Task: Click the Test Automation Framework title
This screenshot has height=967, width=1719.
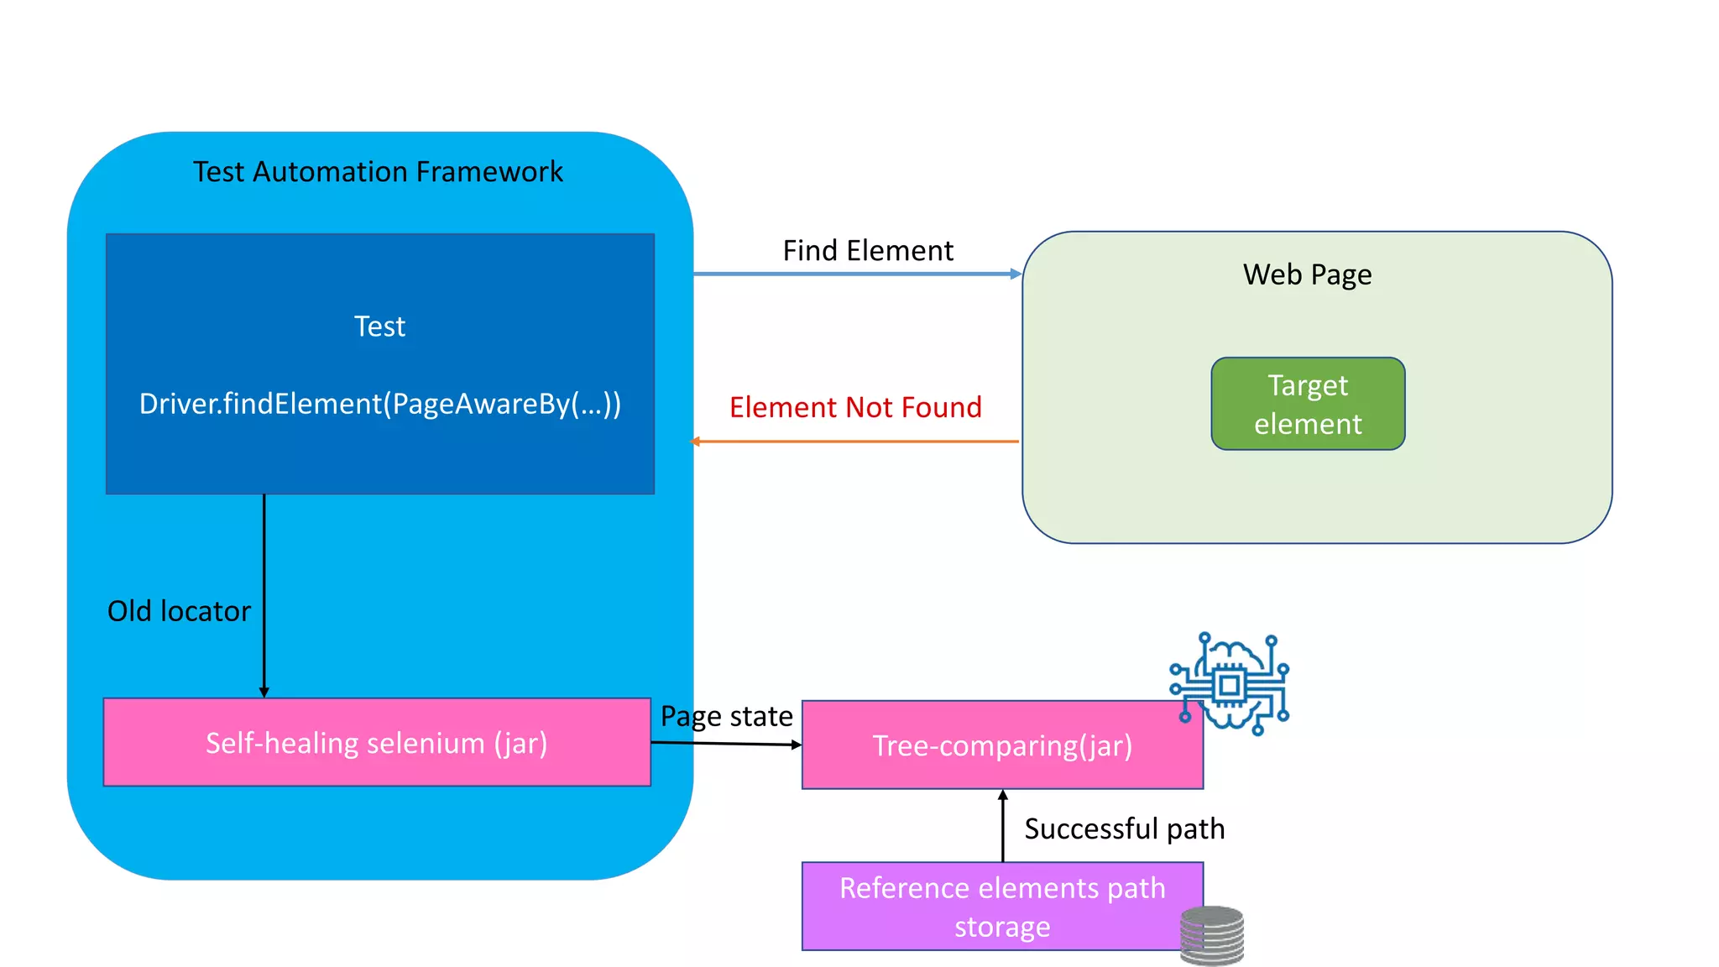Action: [378, 172]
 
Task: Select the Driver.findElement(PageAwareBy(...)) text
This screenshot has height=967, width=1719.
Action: [379, 404]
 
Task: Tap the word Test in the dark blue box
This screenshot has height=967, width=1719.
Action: [379, 327]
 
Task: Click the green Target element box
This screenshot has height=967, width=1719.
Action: [1308, 405]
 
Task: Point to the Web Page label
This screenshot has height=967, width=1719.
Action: [1307, 274]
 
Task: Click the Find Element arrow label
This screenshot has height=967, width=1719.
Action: [868, 251]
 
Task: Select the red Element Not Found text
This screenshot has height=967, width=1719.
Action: [855, 408]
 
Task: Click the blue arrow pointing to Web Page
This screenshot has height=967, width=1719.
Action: [856, 274]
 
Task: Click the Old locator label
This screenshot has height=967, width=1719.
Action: [179, 611]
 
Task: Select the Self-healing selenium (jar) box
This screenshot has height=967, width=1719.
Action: [376, 743]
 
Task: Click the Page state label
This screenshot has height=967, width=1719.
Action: [726, 716]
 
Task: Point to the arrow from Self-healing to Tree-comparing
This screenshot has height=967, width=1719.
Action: [727, 744]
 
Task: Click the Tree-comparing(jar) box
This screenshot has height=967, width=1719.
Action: [1002, 745]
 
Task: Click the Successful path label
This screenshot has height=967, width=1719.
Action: [1124, 829]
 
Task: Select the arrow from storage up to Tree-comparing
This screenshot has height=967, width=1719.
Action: [1002, 827]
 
